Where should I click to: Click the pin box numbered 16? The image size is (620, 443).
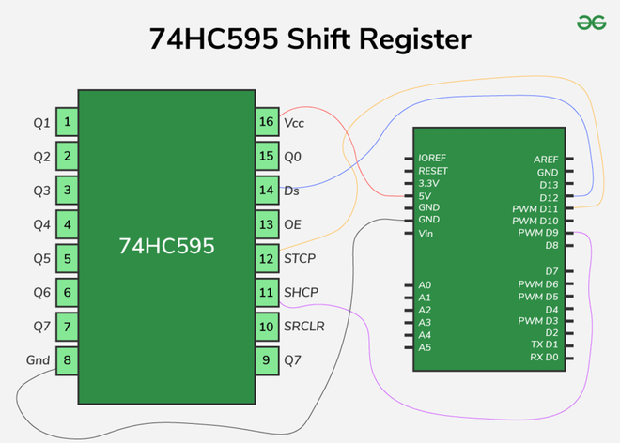267,122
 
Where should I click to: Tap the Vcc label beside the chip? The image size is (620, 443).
294,122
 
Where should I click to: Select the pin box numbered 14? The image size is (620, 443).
267,191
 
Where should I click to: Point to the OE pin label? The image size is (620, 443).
292,224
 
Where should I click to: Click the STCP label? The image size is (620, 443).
301,258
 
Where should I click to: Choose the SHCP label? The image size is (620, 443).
301,292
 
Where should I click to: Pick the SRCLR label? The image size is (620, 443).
304,326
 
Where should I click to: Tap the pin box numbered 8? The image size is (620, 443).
67,360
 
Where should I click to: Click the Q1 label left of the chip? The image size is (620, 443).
41,122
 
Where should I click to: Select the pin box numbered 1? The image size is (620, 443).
67,122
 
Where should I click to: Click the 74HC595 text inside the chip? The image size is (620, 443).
166,246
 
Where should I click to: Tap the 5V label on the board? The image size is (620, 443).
426,195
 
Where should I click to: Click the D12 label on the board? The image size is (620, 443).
549,196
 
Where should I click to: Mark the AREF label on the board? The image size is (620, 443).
546,160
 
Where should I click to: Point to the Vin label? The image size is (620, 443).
426,233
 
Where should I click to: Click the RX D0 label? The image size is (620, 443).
544,357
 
